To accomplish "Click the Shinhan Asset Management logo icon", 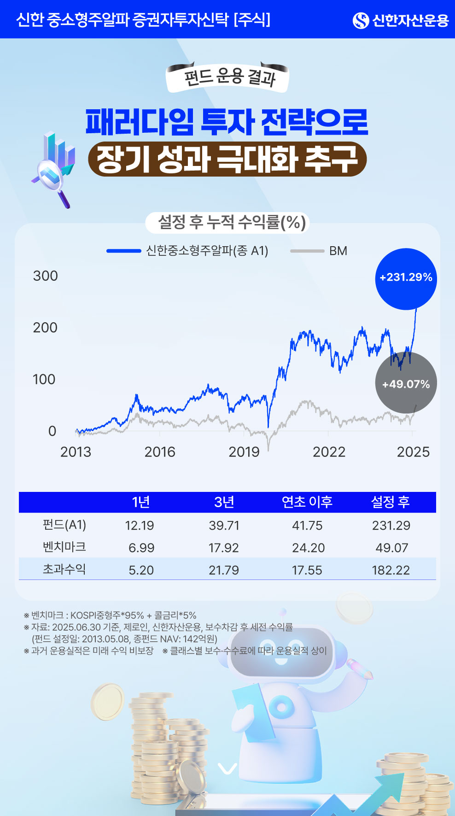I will pos(361,20).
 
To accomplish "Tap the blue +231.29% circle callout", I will pos(406,278).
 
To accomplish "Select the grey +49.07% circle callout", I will pos(406,384).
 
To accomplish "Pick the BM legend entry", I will pos(319,251).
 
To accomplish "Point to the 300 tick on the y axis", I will pos(45,276).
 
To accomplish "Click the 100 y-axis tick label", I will pos(44,379).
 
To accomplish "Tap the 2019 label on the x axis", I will pos(244,452).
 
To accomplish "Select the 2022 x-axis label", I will pos(329,452).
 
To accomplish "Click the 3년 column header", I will pos(224,502).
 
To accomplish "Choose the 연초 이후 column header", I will pos(307,502).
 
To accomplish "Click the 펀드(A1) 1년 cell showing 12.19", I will pos(140,526).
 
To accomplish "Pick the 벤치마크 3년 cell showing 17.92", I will pos(224,548).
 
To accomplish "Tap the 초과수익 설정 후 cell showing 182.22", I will pos(391,570).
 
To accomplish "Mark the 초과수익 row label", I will pos(64,569).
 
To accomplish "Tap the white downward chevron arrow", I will pos(227,768).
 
